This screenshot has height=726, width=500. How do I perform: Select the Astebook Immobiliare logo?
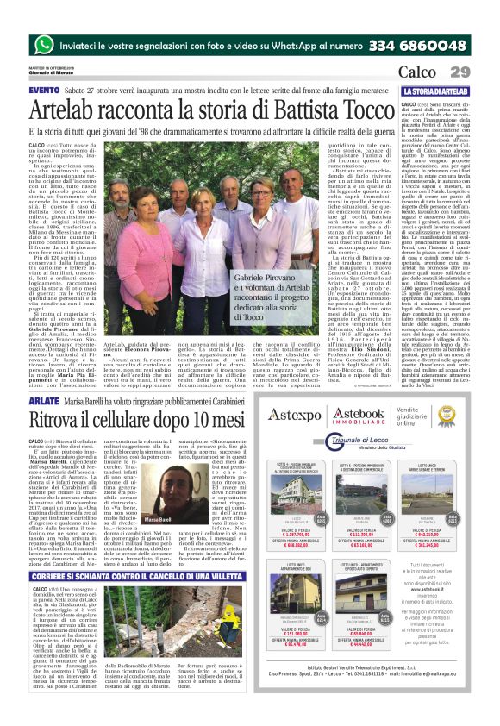tap(363, 416)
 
